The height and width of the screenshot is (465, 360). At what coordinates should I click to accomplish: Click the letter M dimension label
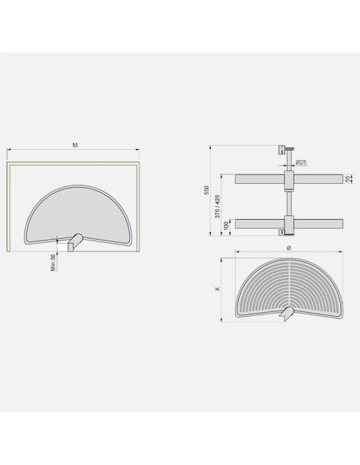75,145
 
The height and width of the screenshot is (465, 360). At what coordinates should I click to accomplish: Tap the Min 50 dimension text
53,263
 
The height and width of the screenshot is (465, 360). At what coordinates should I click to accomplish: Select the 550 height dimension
207,190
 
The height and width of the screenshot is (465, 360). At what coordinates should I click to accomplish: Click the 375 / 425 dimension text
217,206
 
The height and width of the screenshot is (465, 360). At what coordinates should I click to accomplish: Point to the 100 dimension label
227,225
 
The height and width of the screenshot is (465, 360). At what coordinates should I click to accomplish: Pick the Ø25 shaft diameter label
301,162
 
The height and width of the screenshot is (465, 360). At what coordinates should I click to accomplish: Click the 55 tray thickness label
348,179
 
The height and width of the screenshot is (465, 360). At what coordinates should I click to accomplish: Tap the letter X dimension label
218,288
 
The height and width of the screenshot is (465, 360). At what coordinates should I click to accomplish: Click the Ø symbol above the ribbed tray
289,248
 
